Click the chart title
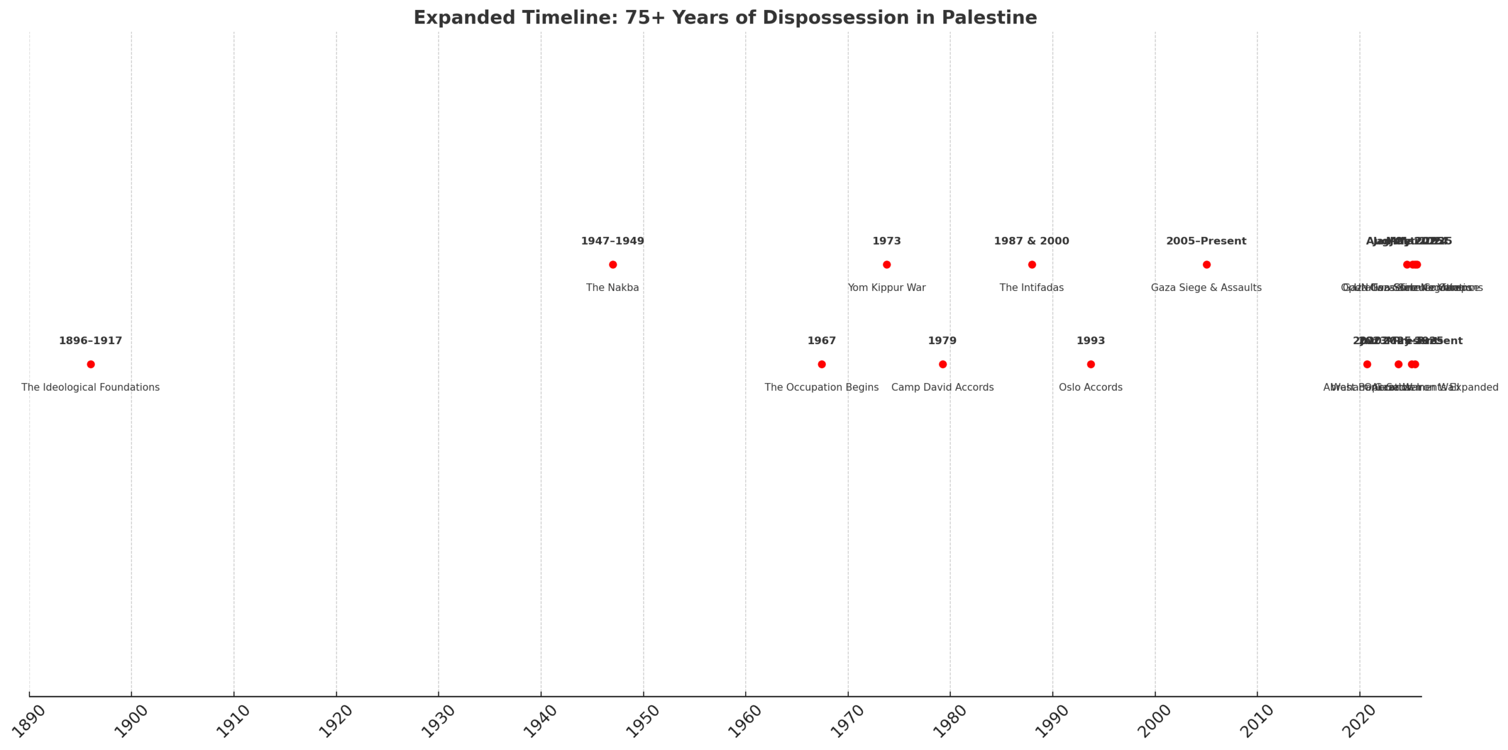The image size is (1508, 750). tap(725, 18)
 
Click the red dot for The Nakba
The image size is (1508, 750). tap(613, 265)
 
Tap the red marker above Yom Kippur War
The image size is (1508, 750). tap(887, 265)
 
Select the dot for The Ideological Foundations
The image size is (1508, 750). tap(91, 364)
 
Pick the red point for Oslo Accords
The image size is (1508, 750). tap(1090, 364)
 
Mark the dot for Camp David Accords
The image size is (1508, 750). tap(943, 364)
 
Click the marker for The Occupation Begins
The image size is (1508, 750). tap(822, 364)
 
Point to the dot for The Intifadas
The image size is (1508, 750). tap(1031, 265)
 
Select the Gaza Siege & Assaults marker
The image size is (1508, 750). tap(1206, 265)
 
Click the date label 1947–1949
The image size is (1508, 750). tap(613, 241)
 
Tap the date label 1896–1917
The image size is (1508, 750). tap(91, 341)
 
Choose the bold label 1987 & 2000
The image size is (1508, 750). tap(1031, 241)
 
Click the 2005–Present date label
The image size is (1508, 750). tap(1206, 241)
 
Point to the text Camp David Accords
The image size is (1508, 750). tap(943, 387)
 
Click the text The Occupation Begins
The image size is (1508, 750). tap(822, 387)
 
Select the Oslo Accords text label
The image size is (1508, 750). tap(1090, 387)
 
